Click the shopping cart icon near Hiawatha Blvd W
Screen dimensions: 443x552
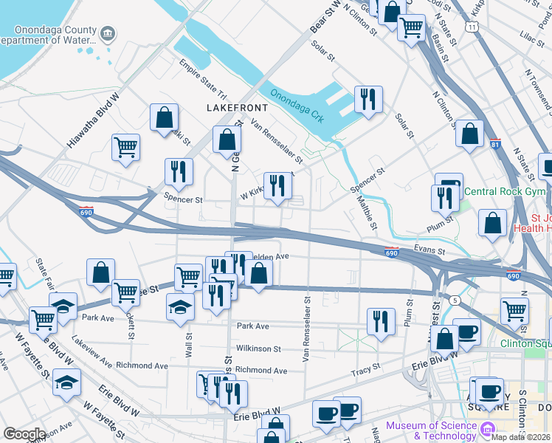[126, 146]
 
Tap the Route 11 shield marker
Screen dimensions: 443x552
[471, 26]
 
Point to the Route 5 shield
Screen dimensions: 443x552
[456, 301]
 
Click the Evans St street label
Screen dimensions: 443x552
[430, 251]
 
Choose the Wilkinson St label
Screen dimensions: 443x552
[258, 348]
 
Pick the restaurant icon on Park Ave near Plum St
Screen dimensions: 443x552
[380, 321]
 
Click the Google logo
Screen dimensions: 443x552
[24, 434]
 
